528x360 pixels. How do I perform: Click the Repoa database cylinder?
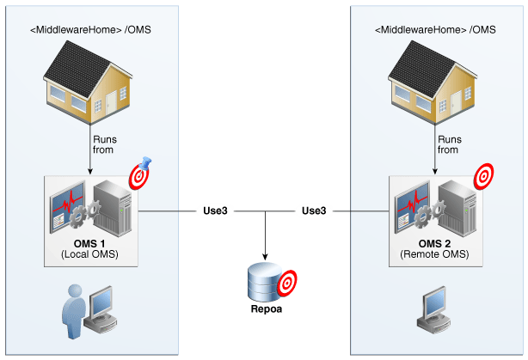(262, 284)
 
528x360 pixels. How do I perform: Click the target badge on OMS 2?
(484, 177)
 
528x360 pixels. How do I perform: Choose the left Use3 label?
(215, 210)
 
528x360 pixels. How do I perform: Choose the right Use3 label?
(313, 210)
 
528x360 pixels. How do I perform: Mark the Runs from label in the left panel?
(104, 144)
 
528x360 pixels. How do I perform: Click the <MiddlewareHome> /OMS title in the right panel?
(435, 29)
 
